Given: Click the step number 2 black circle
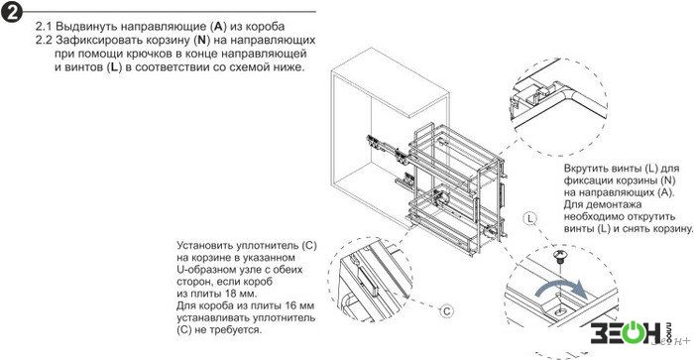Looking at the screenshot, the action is pyautogui.click(x=12, y=12).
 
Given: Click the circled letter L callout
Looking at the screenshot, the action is pyautogui.click(x=529, y=218).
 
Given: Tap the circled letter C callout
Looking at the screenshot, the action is pyautogui.click(x=446, y=311).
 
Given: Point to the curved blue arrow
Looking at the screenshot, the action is pyautogui.click(x=562, y=289).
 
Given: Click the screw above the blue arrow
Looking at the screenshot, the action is pyautogui.click(x=559, y=257).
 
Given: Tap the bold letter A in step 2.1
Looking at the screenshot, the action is pyautogui.click(x=218, y=26).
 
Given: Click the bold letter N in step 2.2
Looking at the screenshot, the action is pyautogui.click(x=202, y=40).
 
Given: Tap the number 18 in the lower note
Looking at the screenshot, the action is pyautogui.click(x=232, y=294).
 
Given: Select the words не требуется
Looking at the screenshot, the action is pyautogui.click(x=228, y=330).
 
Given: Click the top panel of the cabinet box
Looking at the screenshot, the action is pyautogui.click(x=391, y=82).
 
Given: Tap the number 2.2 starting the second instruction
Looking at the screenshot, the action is pyautogui.click(x=44, y=40).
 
